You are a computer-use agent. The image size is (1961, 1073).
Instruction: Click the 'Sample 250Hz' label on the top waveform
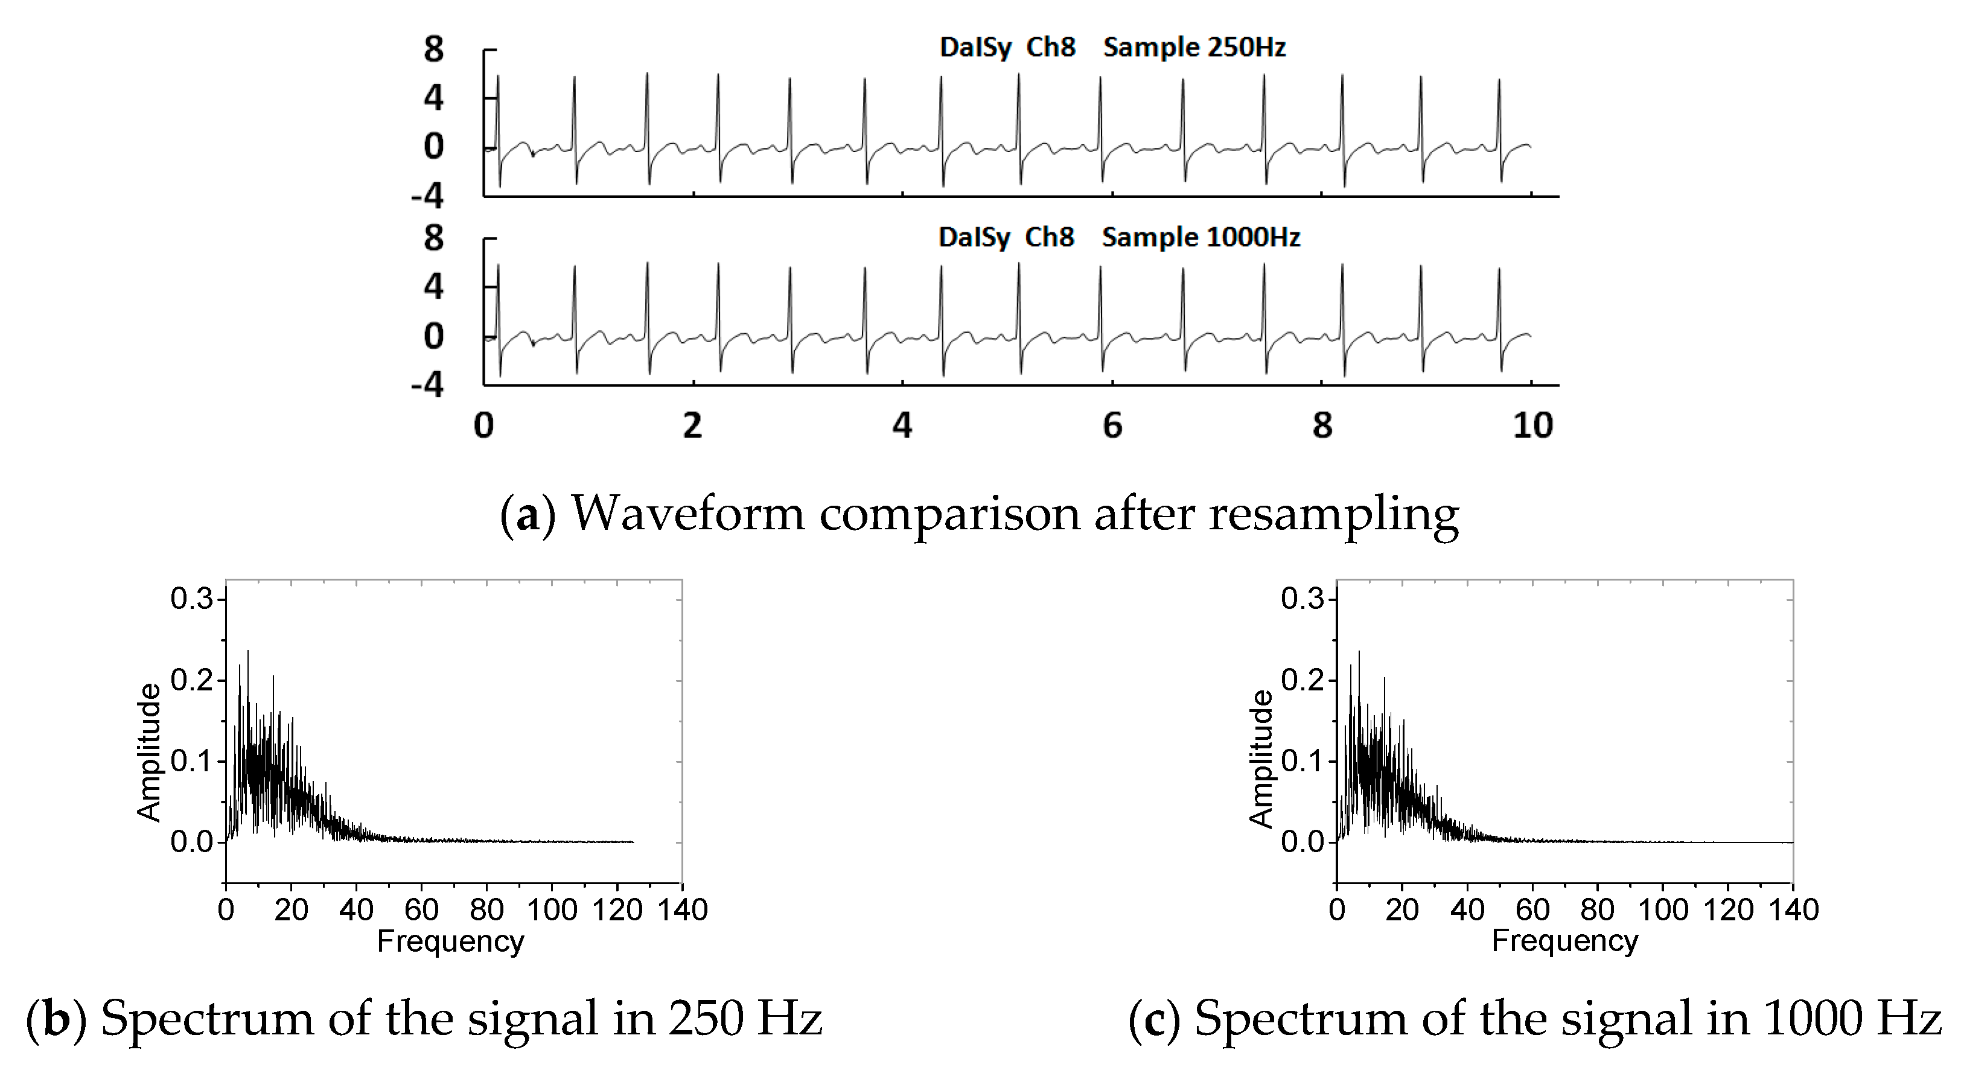tap(1194, 47)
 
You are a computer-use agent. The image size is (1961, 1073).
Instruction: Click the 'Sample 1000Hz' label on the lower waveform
tap(1201, 237)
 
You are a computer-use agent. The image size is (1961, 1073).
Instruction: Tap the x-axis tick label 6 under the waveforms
tap(1112, 425)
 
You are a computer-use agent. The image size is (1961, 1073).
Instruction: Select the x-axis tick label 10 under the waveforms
tap(1532, 425)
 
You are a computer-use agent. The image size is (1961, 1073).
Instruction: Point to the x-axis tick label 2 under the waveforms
tap(692, 425)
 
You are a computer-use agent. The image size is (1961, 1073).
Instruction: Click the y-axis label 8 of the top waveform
tap(433, 50)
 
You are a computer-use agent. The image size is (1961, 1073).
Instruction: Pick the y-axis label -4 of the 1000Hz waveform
tap(427, 385)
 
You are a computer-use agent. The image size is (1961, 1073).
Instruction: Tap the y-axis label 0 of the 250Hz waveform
tap(433, 147)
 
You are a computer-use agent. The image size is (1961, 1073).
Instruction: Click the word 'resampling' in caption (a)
tap(1334, 514)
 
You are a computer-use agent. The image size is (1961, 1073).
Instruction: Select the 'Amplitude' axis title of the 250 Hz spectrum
tap(149, 752)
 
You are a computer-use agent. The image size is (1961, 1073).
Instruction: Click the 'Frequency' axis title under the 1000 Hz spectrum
tap(1564, 941)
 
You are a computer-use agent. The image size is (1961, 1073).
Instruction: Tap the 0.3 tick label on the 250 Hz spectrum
tap(191, 600)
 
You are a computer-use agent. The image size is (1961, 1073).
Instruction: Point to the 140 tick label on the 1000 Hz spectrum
tap(1793, 909)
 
